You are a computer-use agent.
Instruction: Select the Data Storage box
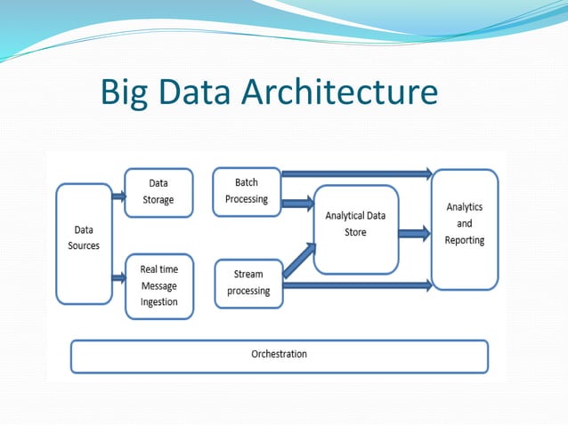click(158, 192)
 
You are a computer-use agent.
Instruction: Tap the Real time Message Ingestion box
click(159, 285)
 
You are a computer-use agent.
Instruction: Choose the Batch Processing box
click(247, 191)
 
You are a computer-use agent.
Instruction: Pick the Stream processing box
click(248, 283)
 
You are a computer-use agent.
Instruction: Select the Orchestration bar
click(279, 354)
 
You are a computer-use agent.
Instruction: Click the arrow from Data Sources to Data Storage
click(118, 193)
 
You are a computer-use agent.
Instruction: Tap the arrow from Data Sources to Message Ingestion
click(118, 277)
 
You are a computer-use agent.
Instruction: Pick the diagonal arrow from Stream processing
click(297, 259)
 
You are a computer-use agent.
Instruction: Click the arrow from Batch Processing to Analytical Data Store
click(296, 204)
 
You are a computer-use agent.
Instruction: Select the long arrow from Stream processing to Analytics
click(356, 285)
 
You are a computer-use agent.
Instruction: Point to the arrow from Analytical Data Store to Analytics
click(414, 233)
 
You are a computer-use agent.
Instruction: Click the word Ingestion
click(159, 301)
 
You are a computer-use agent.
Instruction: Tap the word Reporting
click(465, 240)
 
